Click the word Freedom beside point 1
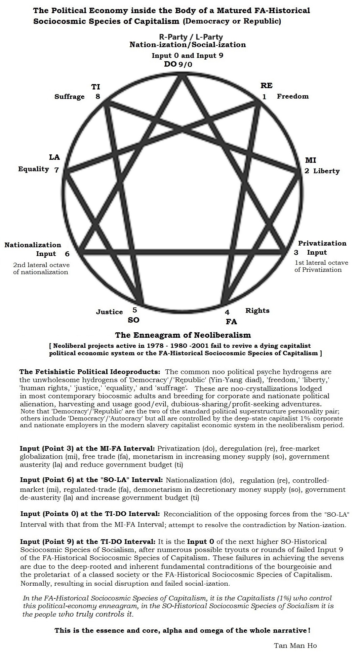point(292,97)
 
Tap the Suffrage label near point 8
point(70,97)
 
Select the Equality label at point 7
point(34,169)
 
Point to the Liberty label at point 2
point(326,171)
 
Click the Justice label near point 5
point(109,312)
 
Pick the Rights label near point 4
point(257,310)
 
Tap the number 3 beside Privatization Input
point(296,253)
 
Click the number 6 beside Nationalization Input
point(67,254)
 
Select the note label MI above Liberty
point(311,160)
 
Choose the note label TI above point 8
point(96,87)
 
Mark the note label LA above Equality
point(54,157)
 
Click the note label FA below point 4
point(231,322)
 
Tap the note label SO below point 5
point(133,320)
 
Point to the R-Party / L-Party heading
point(191,37)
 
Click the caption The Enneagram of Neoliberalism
point(183,335)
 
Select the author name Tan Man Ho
point(295,645)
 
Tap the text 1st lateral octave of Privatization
point(321,266)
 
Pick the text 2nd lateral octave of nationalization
point(41,268)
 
